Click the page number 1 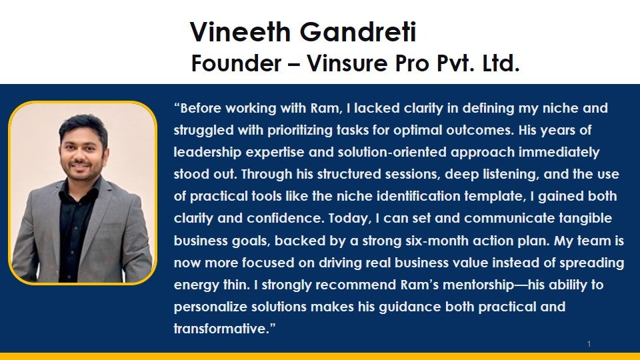[589, 344]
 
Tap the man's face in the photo [85, 145]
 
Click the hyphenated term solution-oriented [376, 152]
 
